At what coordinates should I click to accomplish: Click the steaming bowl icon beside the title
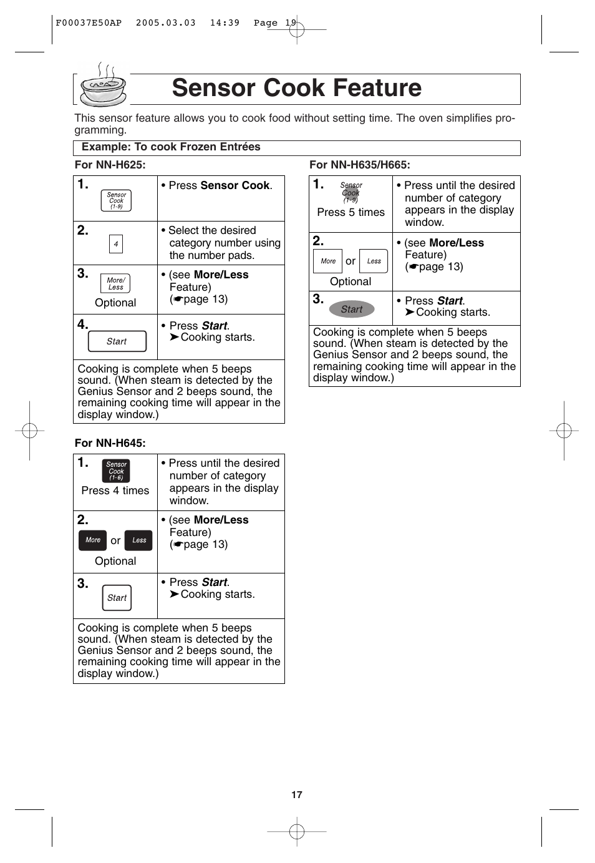103,87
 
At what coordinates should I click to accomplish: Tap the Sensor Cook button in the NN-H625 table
116,200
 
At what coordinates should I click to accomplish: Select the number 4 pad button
116,244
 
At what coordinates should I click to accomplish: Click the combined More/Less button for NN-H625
115,283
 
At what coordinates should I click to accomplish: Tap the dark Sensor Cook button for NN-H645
116,471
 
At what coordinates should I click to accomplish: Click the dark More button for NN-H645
92,540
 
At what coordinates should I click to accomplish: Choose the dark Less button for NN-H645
138,540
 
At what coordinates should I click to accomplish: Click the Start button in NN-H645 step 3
117,598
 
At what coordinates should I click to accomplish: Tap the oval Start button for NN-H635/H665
352,309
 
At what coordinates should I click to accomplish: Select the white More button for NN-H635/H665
327,261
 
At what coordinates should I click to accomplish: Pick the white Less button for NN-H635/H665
374,261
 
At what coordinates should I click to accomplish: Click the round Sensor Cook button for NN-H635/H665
351,193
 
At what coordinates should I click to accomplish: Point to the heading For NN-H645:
110,443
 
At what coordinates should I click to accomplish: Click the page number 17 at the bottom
297,795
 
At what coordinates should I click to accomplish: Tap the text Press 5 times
351,212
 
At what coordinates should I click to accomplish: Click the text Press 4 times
115,490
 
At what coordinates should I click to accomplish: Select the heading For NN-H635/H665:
360,165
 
